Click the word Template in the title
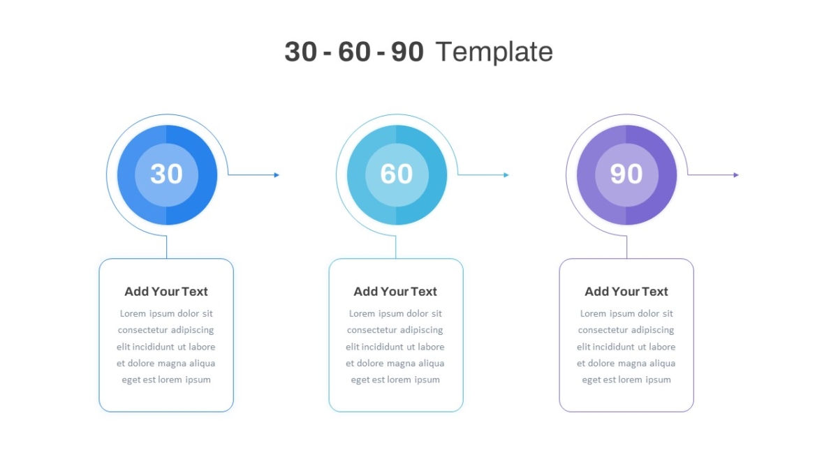point(494,52)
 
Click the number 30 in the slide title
point(301,52)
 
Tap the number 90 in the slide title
point(407,52)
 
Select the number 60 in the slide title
point(354,52)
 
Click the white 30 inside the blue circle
point(166,174)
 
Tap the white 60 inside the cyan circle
point(397,174)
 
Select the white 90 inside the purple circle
point(626,174)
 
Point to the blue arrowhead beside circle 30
point(277,175)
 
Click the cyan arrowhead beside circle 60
point(506,175)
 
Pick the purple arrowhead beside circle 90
point(736,175)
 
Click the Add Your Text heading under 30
point(166,292)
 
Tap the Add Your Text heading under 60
point(395,292)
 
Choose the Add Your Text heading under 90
point(626,292)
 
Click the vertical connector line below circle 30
point(166,247)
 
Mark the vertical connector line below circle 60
point(395,247)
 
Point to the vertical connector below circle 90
point(626,247)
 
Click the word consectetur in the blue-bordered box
point(142,330)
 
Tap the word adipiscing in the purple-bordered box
point(652,330)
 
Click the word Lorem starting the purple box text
point(593,313)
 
